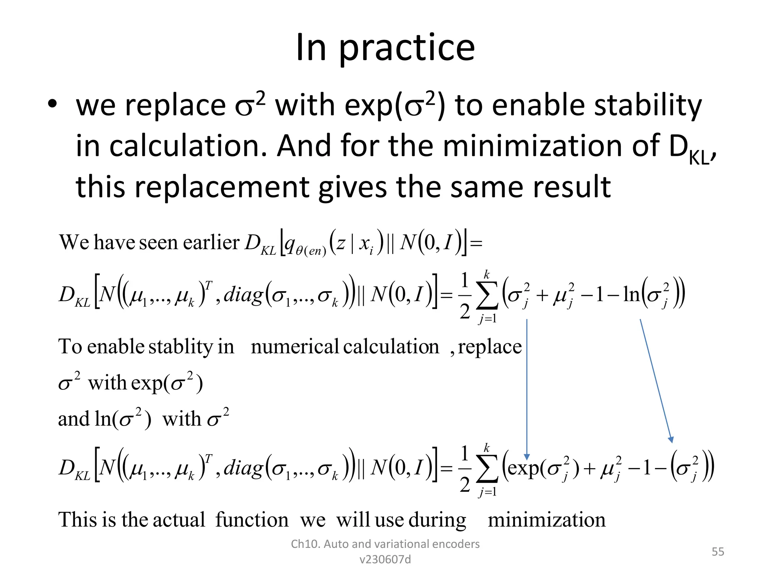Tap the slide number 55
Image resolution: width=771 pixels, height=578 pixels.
718,552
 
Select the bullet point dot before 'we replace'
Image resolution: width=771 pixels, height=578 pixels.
52,104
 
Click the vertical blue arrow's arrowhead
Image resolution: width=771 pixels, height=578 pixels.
527,457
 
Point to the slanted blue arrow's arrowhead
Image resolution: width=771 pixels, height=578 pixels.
671,440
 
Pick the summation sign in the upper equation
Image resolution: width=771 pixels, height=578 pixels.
487,297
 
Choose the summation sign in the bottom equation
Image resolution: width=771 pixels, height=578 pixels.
487,470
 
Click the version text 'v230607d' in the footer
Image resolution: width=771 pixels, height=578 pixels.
385,560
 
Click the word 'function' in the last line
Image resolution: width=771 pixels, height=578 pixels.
252,520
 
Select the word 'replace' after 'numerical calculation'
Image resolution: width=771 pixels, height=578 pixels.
490,347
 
